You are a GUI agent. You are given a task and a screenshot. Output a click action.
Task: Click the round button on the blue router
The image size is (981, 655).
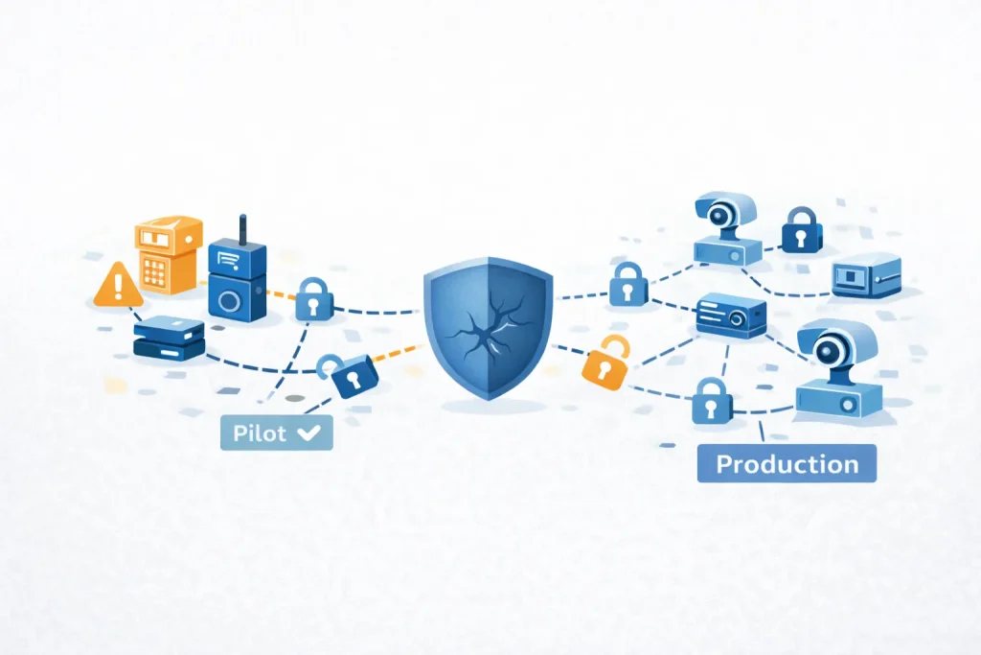(x=230, y=301)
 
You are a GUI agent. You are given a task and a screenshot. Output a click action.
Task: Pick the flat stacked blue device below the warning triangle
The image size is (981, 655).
(x=169, y=339)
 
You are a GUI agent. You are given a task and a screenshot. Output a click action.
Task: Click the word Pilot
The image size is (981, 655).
(x=260, y=433)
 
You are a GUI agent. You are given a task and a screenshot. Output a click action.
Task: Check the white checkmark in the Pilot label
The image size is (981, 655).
(x=308, y=433)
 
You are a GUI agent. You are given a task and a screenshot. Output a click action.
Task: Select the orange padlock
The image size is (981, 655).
(x=604, y=362)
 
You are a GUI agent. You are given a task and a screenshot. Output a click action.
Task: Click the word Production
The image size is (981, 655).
(x=787, y=464)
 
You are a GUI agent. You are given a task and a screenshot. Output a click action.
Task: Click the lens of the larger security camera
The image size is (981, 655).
(x=829, y=348)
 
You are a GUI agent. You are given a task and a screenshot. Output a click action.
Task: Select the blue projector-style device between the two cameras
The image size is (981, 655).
(x=731, y=315)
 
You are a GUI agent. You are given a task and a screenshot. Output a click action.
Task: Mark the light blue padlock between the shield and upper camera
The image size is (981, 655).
(x=627, y=284)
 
